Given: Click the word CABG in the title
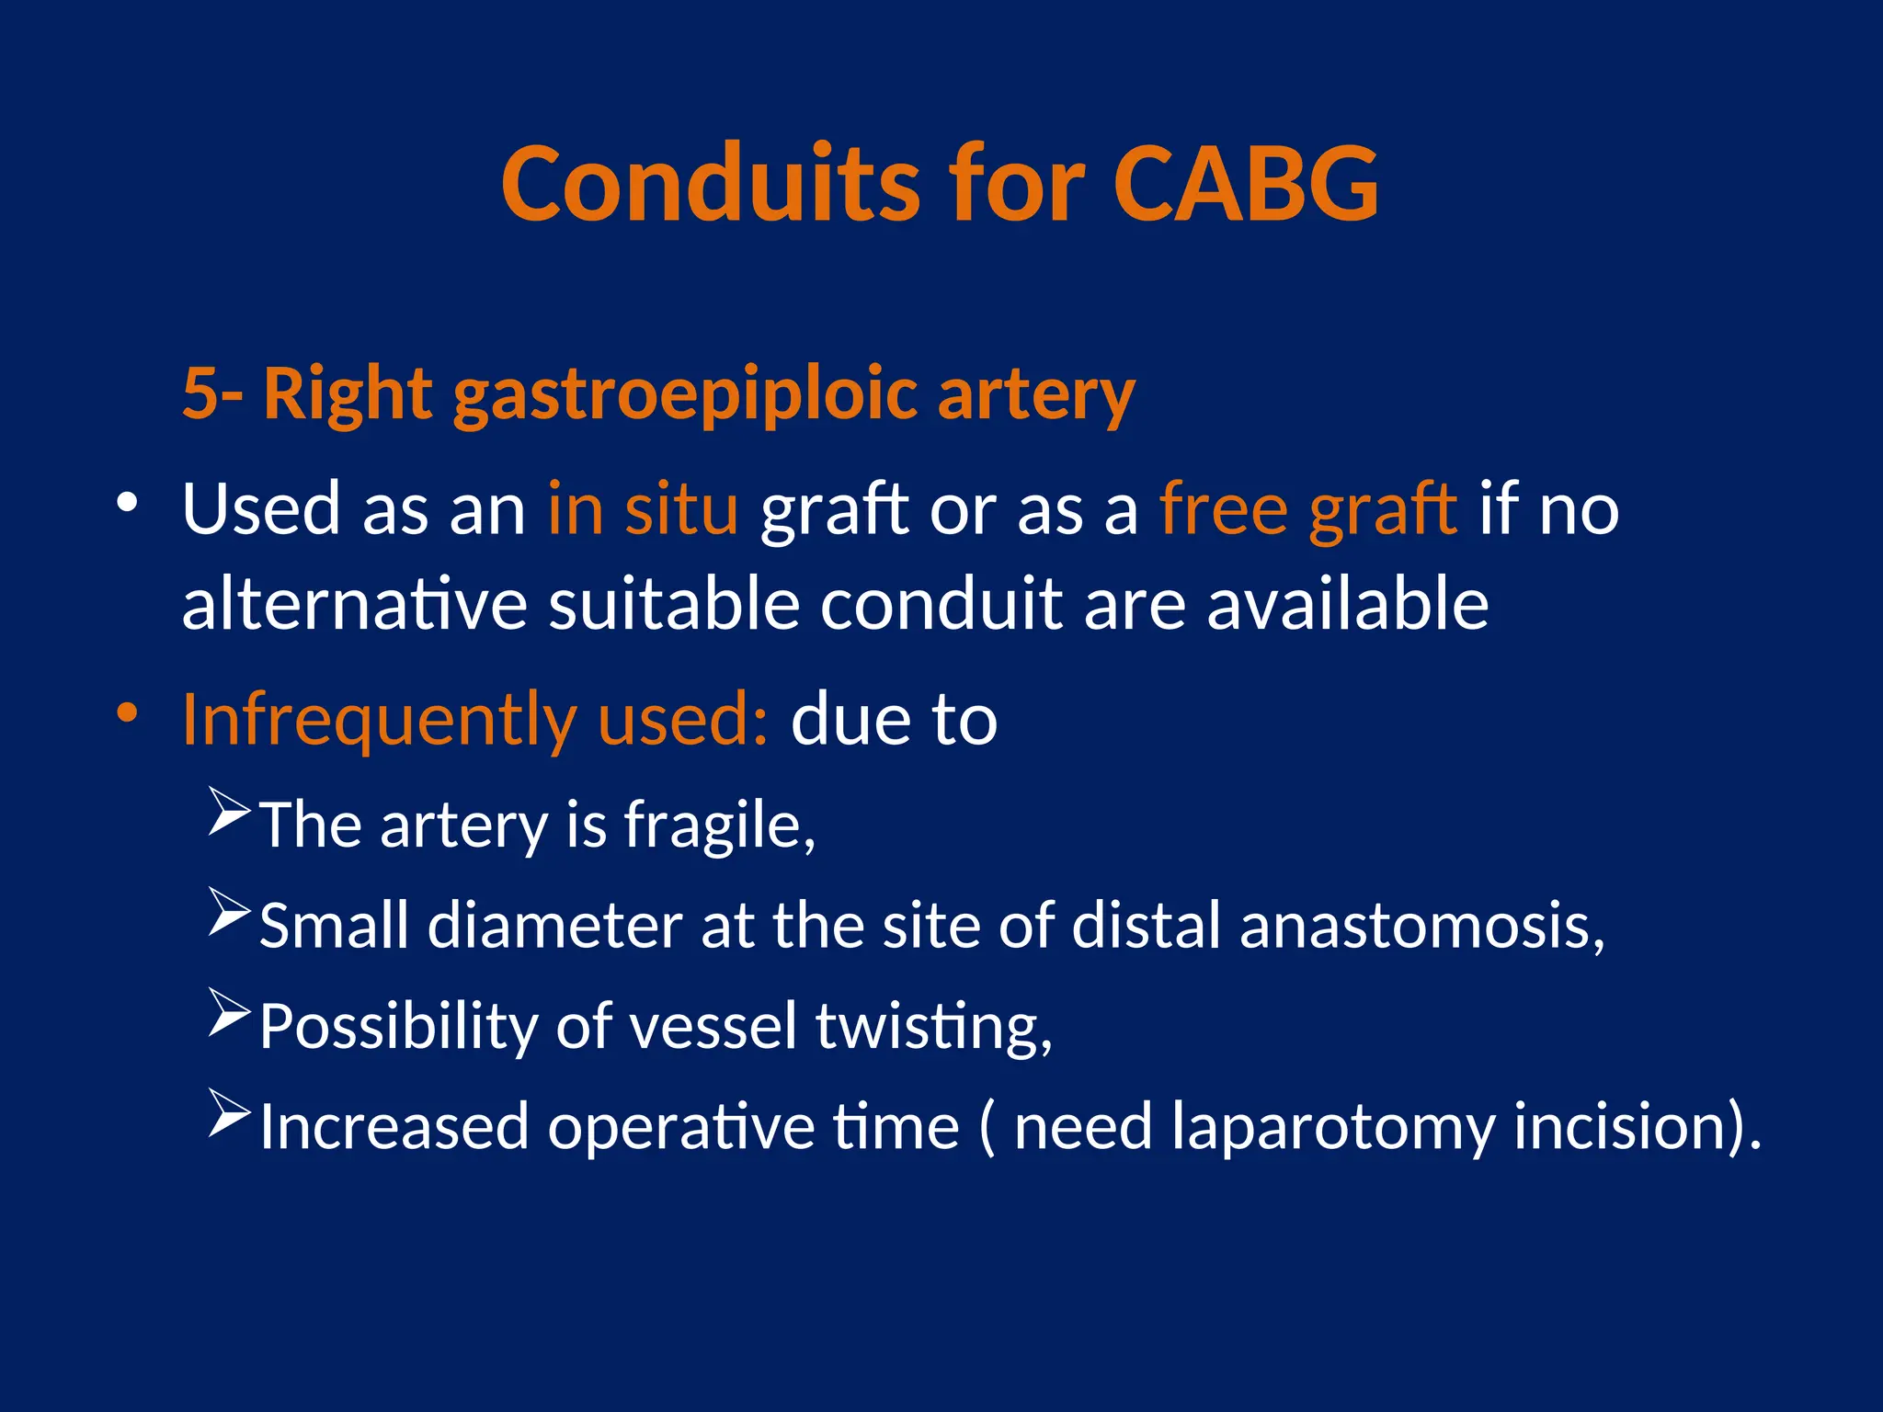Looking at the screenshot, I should [x=1245, y=185].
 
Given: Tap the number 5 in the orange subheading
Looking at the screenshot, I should [x=200, y=393].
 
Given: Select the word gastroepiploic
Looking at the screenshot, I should [x=685, y=395].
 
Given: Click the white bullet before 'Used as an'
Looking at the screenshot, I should [x=127, y=503].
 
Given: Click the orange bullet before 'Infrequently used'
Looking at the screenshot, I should [x=127, y=712].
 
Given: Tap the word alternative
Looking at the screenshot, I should [x=354, y=604].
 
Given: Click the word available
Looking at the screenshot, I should [x=1347, y=604].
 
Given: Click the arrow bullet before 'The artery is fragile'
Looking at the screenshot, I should [x=228, y=811].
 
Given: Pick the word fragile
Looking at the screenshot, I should [x=719, y=825].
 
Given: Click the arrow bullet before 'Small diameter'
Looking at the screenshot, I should [x=228, y=911].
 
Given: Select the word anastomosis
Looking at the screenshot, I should [x=1421, y=925].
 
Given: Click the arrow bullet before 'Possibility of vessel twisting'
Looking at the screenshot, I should [x=228, y=1012].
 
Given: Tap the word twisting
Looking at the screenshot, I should [x=932, y=1026].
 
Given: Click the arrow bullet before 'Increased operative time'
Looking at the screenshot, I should [x=228, y=1112].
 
